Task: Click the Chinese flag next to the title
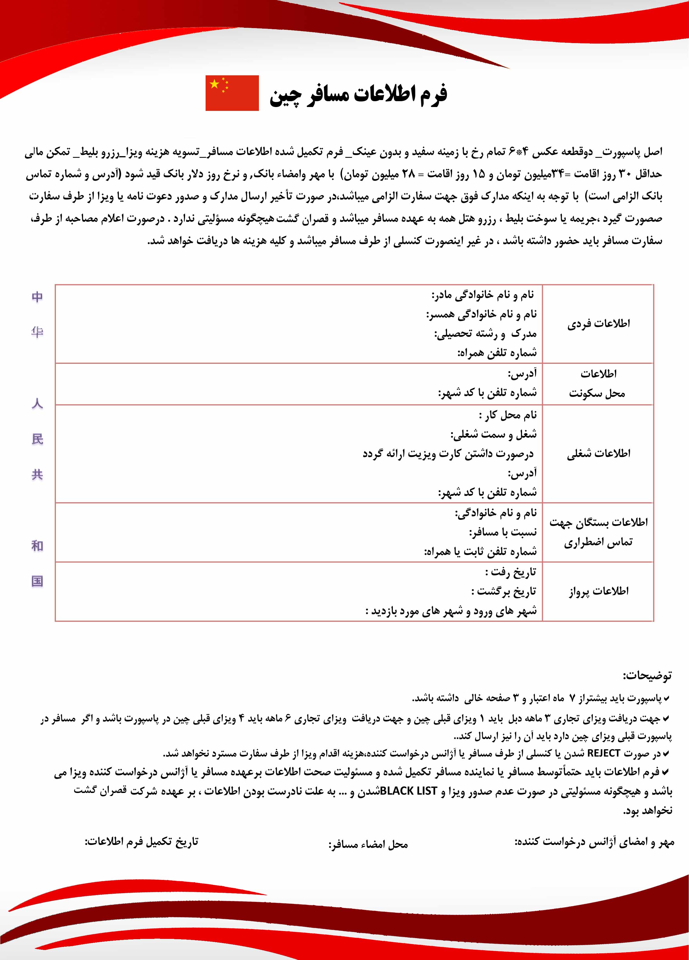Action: (232, 93)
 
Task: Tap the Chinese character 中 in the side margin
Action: (37, 297)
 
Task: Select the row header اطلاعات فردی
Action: (598, 324)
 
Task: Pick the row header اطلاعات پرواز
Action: (598, 591)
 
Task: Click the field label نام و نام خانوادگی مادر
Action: (483, 295)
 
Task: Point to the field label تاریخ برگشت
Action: (504, 591)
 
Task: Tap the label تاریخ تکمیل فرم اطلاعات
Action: (141, 842)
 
